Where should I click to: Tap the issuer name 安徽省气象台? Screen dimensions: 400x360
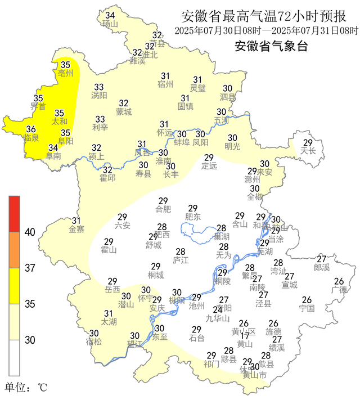(x=271, y=46)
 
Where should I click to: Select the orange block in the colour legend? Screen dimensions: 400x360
(x=14, y=250)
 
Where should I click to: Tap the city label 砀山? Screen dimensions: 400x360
(x=110, y=24)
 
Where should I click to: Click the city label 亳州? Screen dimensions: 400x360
(x=66, y=73)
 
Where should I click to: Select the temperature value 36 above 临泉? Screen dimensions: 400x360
(x=31, y=129)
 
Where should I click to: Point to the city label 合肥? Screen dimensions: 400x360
(x=163, y=209)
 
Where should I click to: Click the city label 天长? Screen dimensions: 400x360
(x=307, y=151)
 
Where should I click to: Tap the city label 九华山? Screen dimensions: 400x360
(x=218, y=318)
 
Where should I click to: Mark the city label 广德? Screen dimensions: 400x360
(x=339, y=290)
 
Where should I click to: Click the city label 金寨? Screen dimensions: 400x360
(x=76, y=229)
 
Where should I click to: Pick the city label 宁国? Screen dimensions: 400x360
(x=307, y=308)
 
